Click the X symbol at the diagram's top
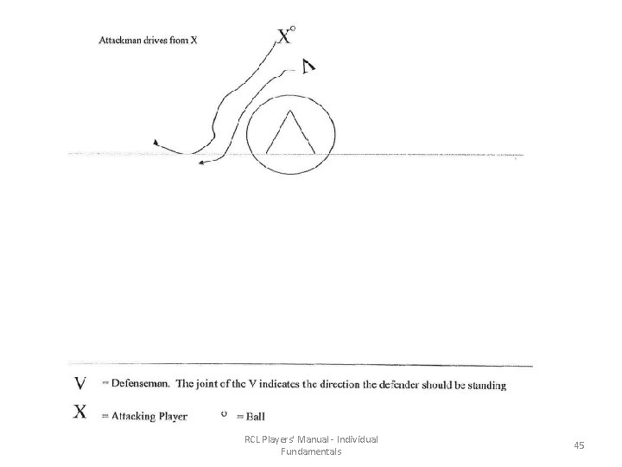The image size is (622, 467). pyautogui.click(x=284, y=37)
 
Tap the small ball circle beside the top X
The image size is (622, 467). pyautogui.click(x=294, y=29)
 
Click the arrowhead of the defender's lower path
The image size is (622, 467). pyautogui.click(x=200, y=161)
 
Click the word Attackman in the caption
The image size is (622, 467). pyautogui.click(x=121, y=38)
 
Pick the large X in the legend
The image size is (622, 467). pyautogui.click(x=79, y=413)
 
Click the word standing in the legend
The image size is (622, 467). pyautogui.click(x=483, y=386)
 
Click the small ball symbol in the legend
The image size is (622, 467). pyautogui.click(x=225, y=413)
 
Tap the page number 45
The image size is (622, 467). pyautogui.click(x=578, y=445)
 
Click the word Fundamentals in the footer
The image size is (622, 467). pyautogui.click(x=311, y=451)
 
